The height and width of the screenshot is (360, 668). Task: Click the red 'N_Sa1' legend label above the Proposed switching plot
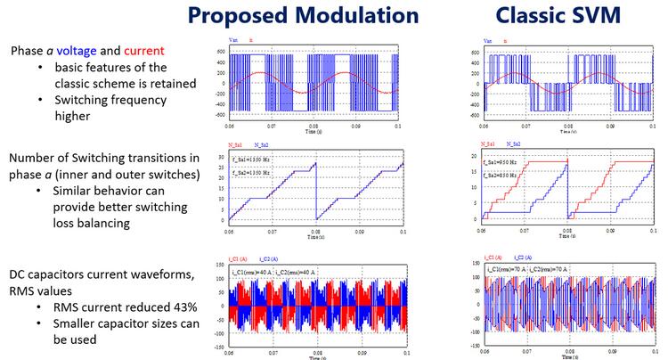(x=235, y=143)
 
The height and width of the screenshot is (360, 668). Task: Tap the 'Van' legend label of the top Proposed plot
(x=234, y=40)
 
